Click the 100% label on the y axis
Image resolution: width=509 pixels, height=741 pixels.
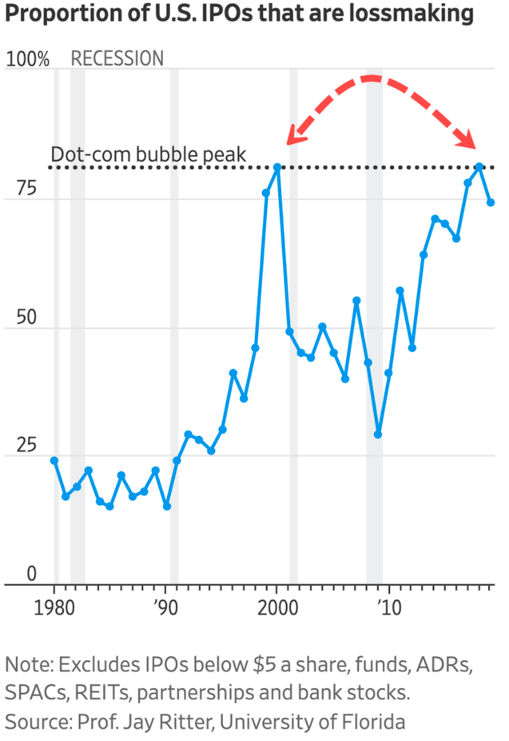click(x=27, y=59)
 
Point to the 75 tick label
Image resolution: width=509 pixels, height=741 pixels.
click(x=26, y=188)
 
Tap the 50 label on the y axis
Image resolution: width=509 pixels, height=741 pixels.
click(x=26, y=317)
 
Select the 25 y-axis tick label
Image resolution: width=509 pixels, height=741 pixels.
click(x=26, y=445)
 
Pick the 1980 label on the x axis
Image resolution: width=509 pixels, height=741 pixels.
click(x=54, y=607)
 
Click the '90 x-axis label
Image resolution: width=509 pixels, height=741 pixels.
click(x=165, y=607)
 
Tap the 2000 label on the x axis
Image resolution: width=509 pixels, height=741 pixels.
click(x=277, y=607)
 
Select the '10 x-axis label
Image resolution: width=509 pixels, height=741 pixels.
click(x=389, y=607)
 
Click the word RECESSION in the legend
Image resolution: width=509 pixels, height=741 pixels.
click(x=117, y=58)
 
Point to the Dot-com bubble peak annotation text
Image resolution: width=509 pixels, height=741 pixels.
click(x=148, y=154)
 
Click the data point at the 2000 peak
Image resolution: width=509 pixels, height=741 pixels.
click(x=277, y=167)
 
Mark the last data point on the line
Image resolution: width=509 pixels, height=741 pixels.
click(x=491, y=202)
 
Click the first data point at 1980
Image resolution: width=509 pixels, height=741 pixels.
click(x=54, y=460)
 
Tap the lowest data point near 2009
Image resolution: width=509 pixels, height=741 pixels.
click(x=378, y=434)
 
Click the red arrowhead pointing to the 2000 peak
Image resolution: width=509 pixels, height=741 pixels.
click(x=296, y=135)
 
